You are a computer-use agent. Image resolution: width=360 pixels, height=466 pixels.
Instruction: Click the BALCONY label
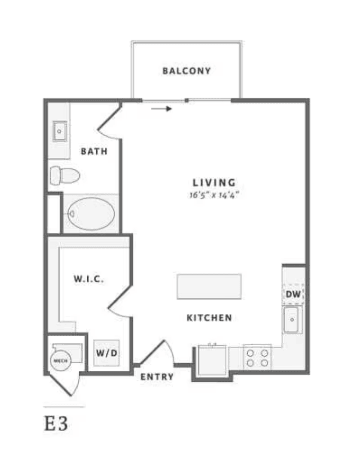[x=187, y=71]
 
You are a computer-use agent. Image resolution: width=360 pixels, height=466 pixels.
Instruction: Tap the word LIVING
[x=214, y=182]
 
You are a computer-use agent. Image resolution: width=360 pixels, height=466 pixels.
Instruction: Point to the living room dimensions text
[x=214, y=195]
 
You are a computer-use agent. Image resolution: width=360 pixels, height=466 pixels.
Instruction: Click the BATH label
[x=94, y=151]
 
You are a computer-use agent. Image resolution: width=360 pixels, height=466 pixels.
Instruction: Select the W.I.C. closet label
[x=89, y=279]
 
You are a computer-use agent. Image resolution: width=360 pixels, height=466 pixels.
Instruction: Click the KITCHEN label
[x=209, y=318]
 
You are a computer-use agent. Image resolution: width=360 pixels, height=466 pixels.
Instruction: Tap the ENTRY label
[x=157, y=377]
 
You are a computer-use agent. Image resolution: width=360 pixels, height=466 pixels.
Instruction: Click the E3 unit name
[x=56, y=423]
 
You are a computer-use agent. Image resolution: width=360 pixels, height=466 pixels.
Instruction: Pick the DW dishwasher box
[x=293, y=294]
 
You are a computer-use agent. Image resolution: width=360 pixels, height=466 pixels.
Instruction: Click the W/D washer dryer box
[x=106, y=353]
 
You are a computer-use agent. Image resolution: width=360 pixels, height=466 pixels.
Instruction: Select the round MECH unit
[x=61, y=361]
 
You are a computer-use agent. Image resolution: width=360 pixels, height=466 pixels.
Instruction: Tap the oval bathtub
[x=91, y=213]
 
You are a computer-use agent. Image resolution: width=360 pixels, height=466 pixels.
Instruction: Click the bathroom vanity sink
[x=60, y=131]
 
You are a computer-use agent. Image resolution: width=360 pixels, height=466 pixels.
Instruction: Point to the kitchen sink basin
[x=291, y=320]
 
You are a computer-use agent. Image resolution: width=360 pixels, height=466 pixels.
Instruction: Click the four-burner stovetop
[x=257, y=358]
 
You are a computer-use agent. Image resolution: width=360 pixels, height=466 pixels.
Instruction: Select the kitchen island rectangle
[x=209, y=287]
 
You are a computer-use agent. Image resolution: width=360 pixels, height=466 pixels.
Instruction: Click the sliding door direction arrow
[x=161, y=109]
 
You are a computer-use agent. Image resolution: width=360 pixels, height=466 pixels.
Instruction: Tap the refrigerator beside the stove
[x=212, y=360]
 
